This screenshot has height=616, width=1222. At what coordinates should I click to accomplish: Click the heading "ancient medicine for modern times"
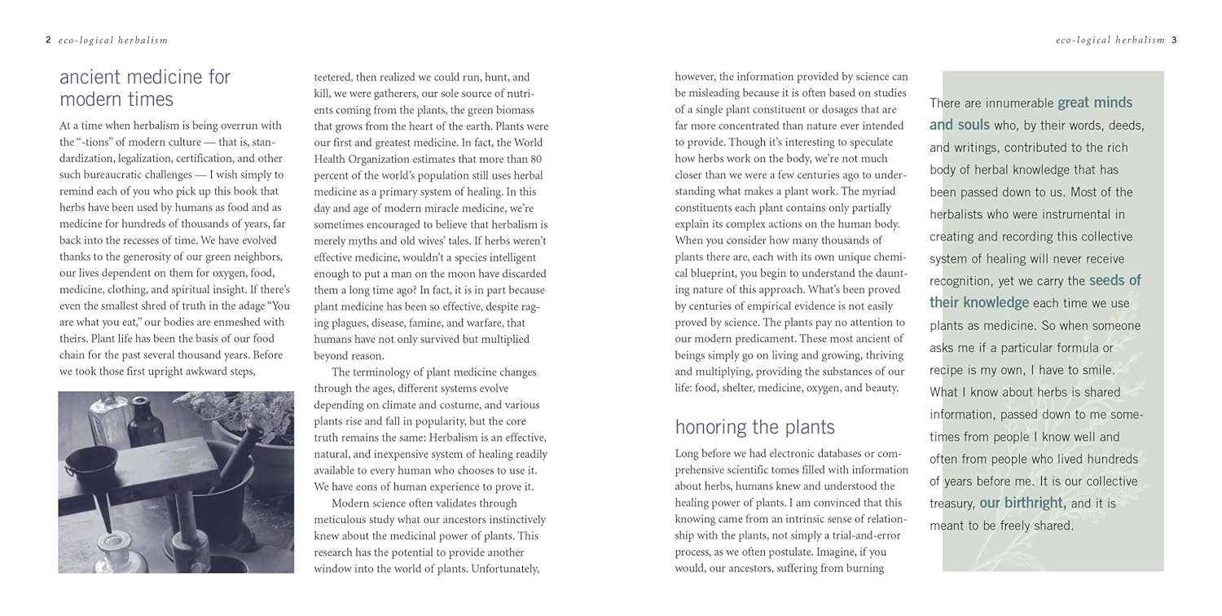pyautogui.click(x=134, y=88)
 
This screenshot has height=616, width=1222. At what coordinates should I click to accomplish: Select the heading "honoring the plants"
pyautogui.click(x=754, y=427)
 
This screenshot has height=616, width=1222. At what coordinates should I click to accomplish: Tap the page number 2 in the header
pyautogui.click(x=48, y=39)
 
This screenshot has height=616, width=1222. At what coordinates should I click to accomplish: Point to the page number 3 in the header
pyautogui.click(x=1174, y=39)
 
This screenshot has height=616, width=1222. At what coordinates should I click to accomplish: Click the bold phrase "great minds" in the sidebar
pyautogui.click(x=1095, y=103)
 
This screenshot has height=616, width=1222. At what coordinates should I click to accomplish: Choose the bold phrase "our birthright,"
pyautogui.click(x=1022, y=503)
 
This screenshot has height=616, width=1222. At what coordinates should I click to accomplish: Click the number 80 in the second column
pyautogui.click(x=534, y=159)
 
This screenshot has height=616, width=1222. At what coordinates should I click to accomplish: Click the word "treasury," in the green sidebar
pyautogui.click(x=952, y=504)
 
